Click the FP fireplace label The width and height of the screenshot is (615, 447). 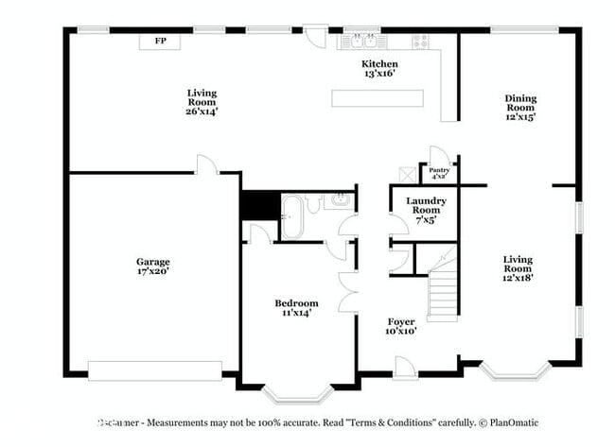pos(160,42)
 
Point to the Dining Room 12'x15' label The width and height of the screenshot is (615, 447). pos(519,108)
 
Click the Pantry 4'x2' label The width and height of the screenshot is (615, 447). pos(438,174)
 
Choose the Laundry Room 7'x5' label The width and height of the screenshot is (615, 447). pos(425,210)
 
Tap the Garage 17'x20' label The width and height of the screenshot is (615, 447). pos(152,266)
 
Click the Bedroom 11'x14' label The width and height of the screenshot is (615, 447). pos(296,307)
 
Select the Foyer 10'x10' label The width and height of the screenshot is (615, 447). pos(401,326)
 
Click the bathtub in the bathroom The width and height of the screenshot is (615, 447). pos(291,216)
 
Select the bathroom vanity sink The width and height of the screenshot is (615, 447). pos(339,199)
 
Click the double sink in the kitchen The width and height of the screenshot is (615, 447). pos(364,41)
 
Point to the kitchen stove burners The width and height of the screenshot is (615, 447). pos(419,41)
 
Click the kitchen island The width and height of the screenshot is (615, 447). pos(377,98)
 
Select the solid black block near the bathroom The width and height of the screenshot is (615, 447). pos(258,205)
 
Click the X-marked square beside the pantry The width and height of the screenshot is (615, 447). pos(408,175)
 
